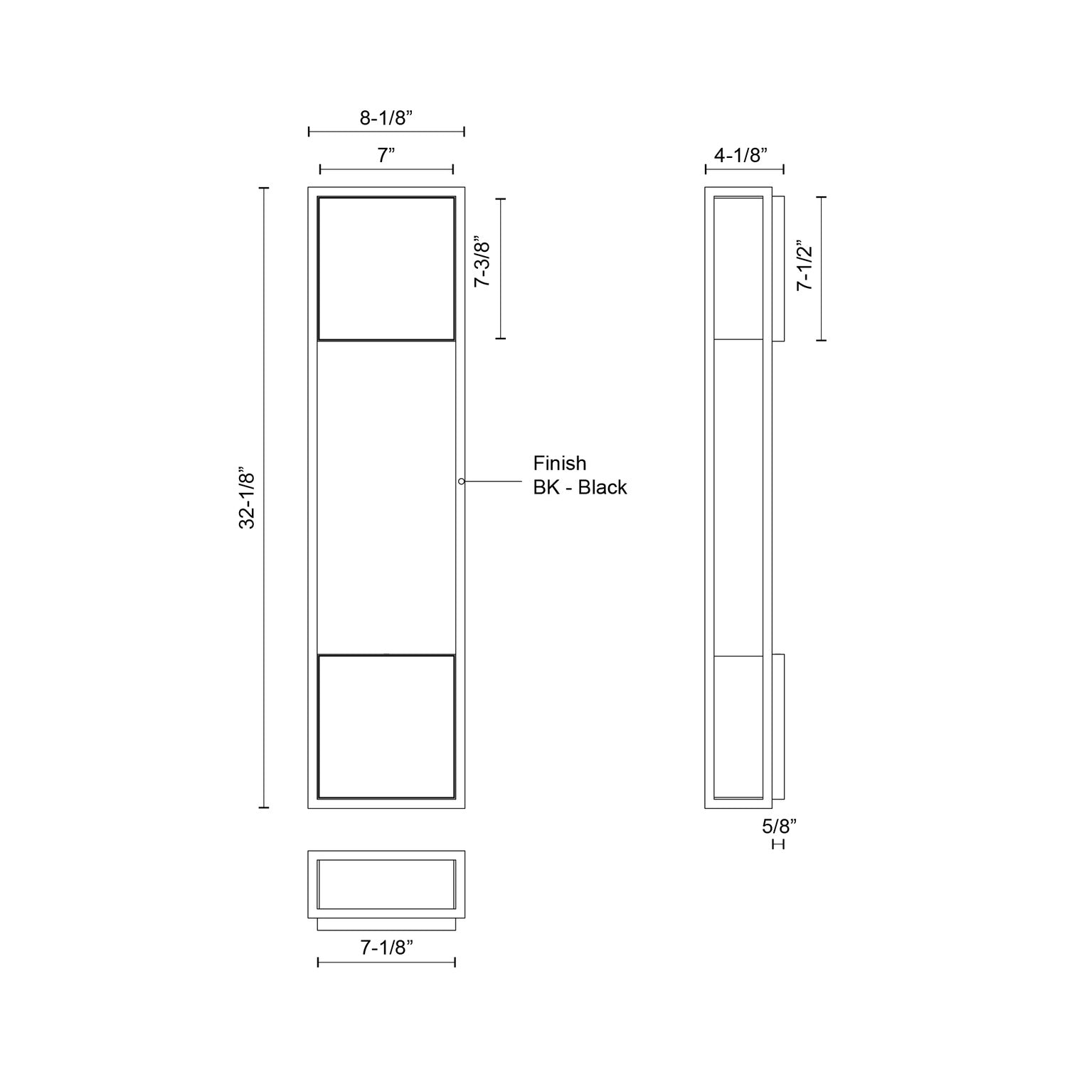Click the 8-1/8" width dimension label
(386, 118)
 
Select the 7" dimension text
(386, 156)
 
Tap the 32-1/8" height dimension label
(247, 498)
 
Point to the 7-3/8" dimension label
(483, 262)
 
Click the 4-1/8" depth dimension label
(740, 156)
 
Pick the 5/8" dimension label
(779, 827)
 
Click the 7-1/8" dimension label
(386, 947)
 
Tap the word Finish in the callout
(560, 463)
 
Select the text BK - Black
(580, 487)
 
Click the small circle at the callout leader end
(462, 482)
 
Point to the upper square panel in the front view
(386, 268)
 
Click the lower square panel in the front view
(386, 726)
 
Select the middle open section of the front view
(386, 497)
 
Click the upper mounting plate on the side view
(777, 269)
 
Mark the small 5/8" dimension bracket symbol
(778, 844)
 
